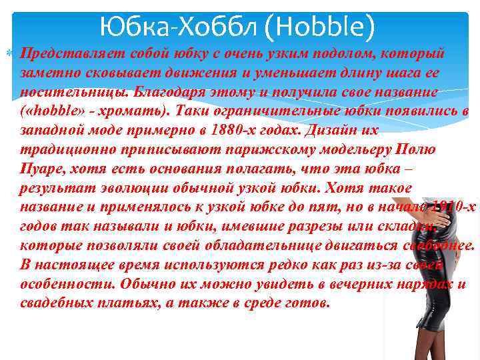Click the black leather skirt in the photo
click(417, 280)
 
